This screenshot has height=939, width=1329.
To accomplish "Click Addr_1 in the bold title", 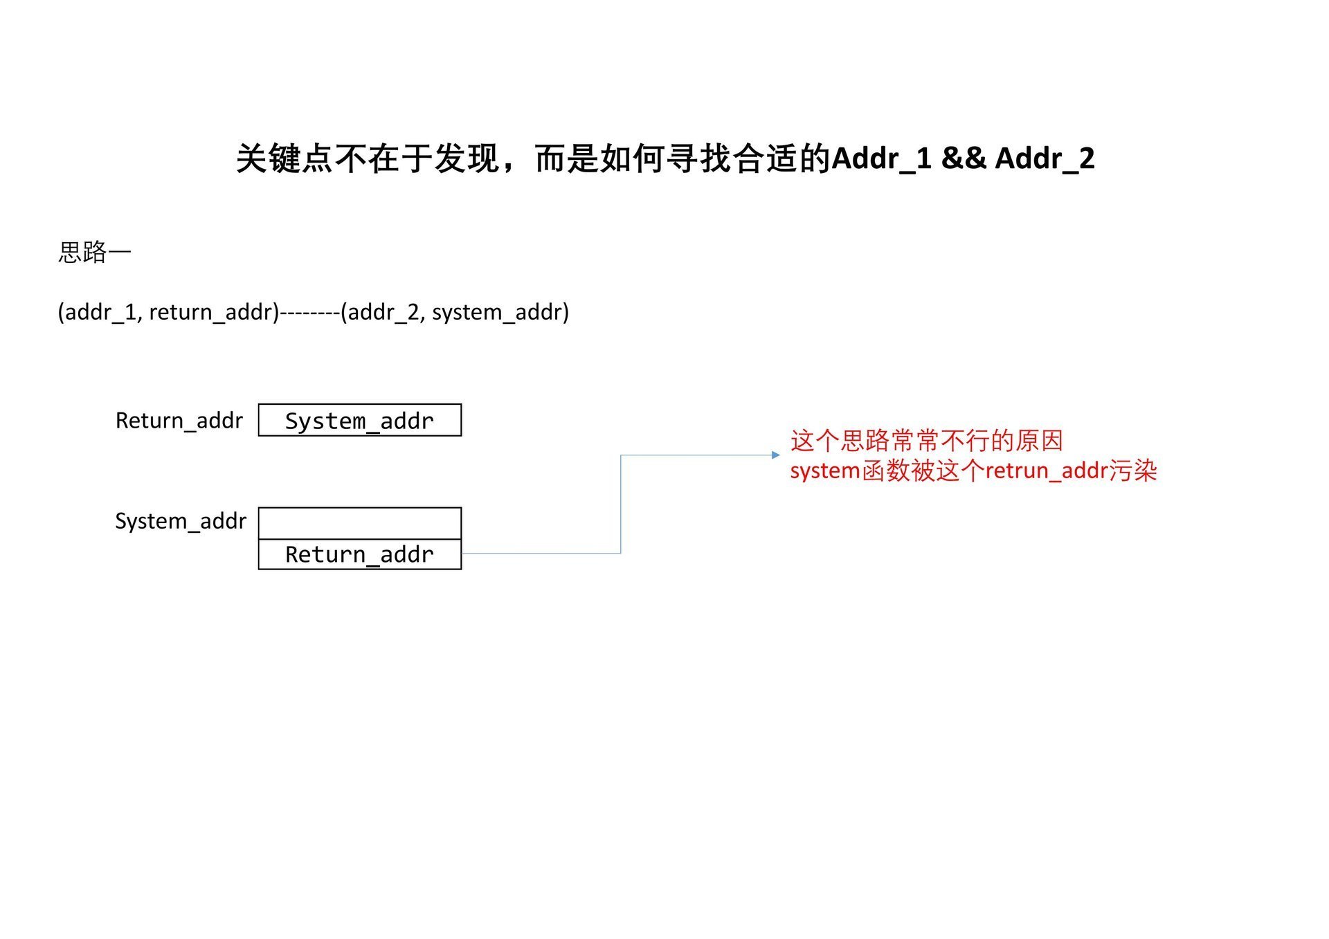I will [881, 158].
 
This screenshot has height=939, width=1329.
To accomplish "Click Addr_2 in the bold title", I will [1045, 158].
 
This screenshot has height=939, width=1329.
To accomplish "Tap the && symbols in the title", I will [964, 158].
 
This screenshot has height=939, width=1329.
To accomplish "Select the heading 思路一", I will [94, 252].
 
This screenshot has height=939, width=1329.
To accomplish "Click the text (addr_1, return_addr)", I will [168, 312].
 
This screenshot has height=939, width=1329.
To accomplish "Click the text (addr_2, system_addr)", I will [455, 312].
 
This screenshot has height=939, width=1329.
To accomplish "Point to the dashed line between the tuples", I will [310, 313].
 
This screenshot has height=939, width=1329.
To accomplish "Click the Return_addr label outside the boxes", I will [179, 420].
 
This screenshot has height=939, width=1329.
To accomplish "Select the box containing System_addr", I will [359, 420].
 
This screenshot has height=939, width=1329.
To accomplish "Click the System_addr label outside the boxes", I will [181, 520].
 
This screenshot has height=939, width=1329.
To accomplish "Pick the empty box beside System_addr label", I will [359, 523].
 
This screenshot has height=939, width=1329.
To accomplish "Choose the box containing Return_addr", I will [359, 554].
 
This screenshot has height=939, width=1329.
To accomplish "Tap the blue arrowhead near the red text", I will [776, 455].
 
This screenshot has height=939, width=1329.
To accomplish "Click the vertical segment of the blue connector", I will [621, 504].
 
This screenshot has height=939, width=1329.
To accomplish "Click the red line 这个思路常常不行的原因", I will [926, 440].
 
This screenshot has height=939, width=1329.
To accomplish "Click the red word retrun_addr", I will [1046, 471].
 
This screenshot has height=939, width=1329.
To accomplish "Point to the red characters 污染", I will [1132, 471].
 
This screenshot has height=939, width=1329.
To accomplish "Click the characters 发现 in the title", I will [467, 158].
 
